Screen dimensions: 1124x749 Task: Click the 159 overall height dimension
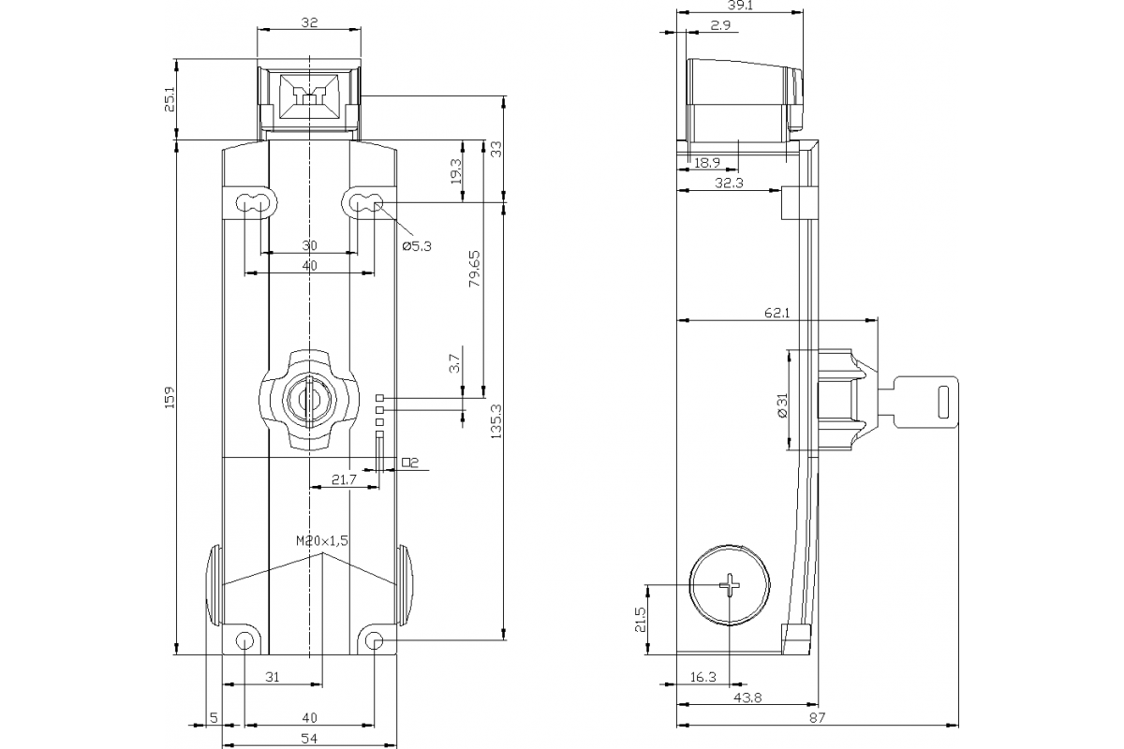[170, 397]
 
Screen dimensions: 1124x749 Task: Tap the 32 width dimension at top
[310, 23]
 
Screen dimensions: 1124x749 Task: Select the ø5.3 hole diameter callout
[417, 246]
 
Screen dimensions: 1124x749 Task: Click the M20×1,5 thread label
[321, 541]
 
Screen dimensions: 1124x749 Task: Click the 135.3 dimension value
[496, 421]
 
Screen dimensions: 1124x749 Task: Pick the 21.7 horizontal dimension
[345, 479]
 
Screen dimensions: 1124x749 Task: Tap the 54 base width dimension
[310, 738]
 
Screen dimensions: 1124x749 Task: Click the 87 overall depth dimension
[818, 717]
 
